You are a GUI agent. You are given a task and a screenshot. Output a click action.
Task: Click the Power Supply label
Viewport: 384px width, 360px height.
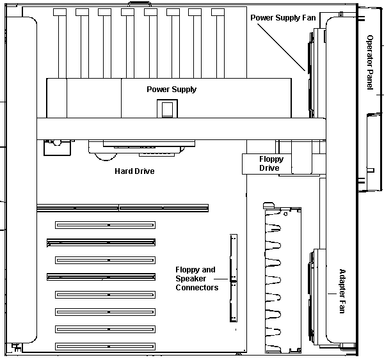tap(172, 90)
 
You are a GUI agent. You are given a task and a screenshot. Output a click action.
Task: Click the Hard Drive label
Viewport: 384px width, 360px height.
tap(134, 171)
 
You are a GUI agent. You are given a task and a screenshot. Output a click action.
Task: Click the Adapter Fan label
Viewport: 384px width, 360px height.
tap(342, 291)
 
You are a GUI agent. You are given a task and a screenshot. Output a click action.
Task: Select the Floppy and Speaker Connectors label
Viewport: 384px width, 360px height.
tap(196, 279)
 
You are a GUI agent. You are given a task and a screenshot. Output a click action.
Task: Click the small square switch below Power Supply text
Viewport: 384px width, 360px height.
tap(166, 109)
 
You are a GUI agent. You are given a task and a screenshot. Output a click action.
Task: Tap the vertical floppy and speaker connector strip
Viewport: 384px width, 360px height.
tap(233, 278)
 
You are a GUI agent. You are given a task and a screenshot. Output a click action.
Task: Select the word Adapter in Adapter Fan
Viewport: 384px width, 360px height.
tap(342, 282)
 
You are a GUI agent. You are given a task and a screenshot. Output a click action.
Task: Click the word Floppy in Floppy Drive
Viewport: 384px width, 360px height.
tap(271, 159)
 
